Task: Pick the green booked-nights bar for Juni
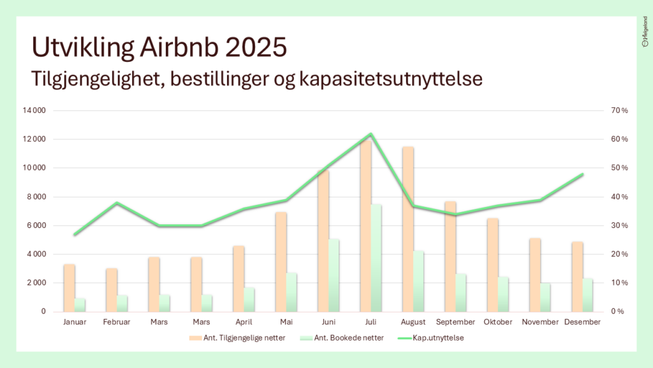[x=334, y=275]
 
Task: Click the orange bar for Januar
[x=70, y=287]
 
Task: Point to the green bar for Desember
[x=588, y=295]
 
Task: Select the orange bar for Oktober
[x=492, y=264]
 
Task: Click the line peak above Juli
[x=371, y=134]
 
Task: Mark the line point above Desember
[x=582, y=174]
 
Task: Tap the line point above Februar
[x=117, y=203]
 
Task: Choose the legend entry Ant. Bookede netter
[x=344, y=337]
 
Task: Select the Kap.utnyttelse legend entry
[x=437, y=337]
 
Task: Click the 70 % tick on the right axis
[x=620, y=111]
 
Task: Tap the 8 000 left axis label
[x=36, y=197]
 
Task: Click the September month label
[x=455, y=322]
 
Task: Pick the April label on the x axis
[x=244, y=322]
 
